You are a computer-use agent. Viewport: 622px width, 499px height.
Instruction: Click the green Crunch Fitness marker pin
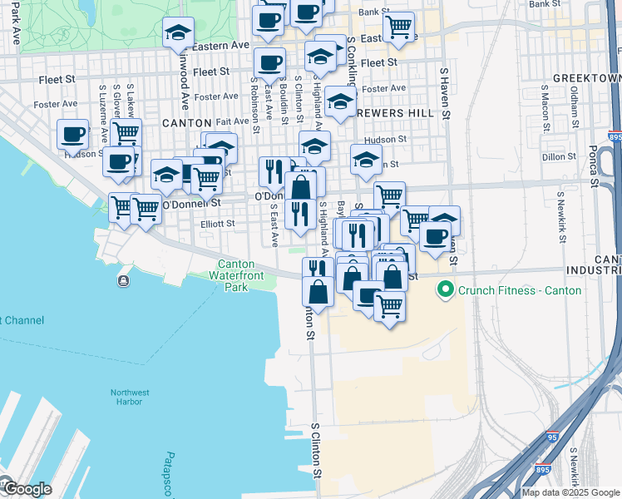[445, 290]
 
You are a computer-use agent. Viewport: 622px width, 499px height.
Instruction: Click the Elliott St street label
[219, 223]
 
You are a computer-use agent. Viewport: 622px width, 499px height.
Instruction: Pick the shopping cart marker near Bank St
[398, 26]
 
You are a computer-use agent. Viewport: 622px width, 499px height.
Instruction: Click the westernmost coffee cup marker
[72, 134]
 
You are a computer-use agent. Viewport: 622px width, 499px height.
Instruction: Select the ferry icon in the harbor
[124, 281]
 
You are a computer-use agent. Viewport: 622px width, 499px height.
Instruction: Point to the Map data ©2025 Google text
[570, 492]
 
